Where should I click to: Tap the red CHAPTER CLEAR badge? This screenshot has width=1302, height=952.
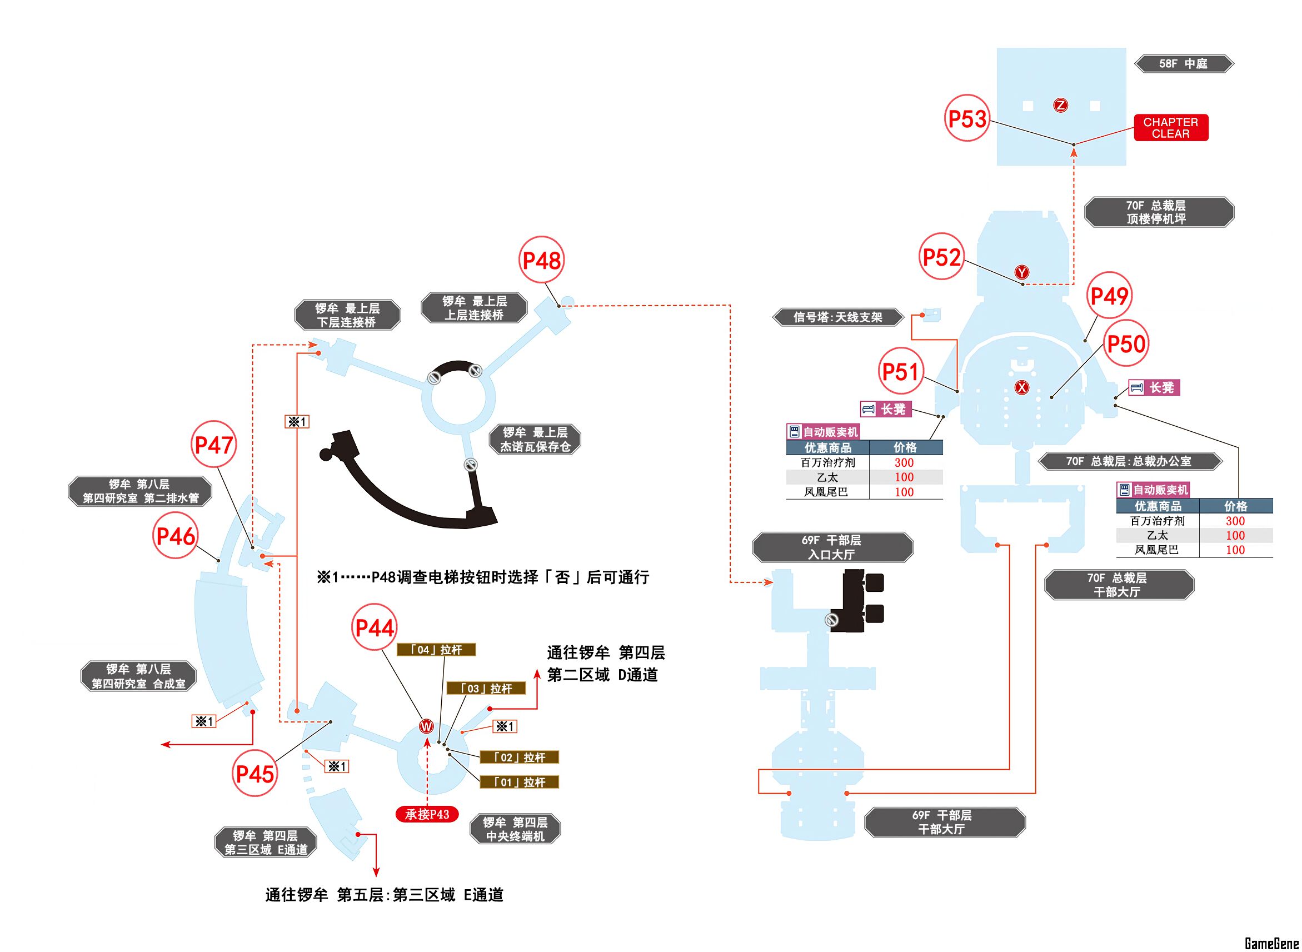[x=1170, y=127]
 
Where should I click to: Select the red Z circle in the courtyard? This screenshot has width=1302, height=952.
[x=1060, y=105]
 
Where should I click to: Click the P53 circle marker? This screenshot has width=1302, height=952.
[x=967, y=119]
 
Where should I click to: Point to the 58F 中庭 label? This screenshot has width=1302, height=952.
[x=1183, y=63]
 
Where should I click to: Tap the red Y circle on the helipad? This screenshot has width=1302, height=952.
[x=1021, y=272]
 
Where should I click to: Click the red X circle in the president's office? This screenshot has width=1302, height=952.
[x=1021, y=387]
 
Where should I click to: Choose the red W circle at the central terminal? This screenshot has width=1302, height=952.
[x=426, y=726]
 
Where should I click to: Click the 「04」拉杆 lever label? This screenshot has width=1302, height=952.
[x=436, y=650]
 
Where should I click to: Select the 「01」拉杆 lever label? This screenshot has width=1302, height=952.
[x=519, y=782]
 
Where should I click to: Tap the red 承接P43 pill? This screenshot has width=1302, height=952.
[x=427, y=814]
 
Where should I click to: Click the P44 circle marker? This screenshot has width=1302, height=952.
[x=375, y=627]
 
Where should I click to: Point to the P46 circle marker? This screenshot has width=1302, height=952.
[x=176, y=536]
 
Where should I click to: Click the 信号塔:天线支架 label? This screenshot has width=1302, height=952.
[x=837, y=317]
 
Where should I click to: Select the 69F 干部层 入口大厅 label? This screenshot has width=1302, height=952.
[x=832, y=547]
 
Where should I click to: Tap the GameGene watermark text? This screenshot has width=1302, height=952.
[x=1271, y=943]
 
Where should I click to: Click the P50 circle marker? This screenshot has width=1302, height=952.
[x=1126, y=344]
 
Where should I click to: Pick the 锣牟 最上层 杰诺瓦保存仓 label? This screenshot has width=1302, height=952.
[x=535, y=439]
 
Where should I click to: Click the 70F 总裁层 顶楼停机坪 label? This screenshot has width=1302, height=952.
[x=1159, y=212]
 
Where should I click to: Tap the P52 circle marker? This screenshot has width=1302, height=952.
[x=941, y=257]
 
